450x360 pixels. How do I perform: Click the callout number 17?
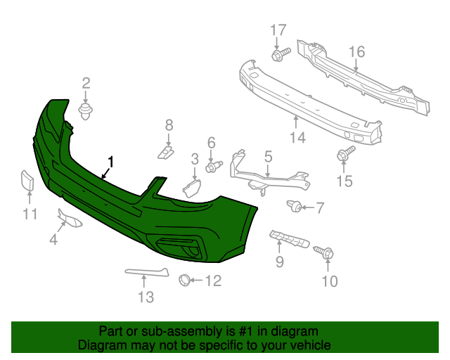(x=279, y=30)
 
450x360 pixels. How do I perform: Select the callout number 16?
(x=356, y=51)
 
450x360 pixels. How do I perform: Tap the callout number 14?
(x=297, y=138)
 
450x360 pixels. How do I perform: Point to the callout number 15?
(x=343, y=181)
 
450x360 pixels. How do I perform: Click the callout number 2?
(x=86, y=83)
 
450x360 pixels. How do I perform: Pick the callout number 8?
(x=169, y=125)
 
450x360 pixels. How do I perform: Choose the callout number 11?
(x=29, y=214)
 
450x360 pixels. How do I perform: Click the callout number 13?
(x=145, y=297)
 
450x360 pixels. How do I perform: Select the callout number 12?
(x=212, y=281)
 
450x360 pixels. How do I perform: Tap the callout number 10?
(x=329, y=282)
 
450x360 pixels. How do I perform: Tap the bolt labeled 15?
(x=345, y=155)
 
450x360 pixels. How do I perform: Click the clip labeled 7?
(x=295, y=207)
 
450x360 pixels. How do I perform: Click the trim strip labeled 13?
(x=147, y=271)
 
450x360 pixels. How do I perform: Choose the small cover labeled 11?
(x=27, y=181)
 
